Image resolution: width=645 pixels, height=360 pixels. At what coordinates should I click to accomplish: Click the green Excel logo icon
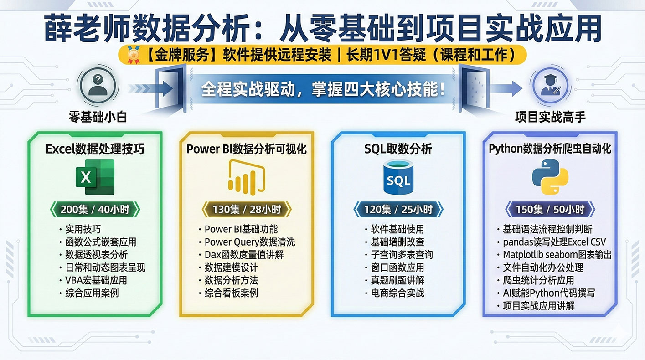95,177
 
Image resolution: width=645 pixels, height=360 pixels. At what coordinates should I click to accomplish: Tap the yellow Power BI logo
247,177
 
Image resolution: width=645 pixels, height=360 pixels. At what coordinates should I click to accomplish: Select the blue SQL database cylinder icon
398,177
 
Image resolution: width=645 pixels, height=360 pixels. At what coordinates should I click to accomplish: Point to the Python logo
550,177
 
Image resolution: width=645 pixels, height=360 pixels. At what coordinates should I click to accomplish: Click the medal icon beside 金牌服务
133,55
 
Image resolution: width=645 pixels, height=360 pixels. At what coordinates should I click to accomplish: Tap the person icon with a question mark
98,86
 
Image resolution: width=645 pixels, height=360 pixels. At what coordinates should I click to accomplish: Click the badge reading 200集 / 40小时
95,209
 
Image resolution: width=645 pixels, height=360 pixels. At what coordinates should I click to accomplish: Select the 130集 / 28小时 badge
247,209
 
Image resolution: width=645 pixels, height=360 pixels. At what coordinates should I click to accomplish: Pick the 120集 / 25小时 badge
398,209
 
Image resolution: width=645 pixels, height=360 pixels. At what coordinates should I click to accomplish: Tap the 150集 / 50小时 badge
550,209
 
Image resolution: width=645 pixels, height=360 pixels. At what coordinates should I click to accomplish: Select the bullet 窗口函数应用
394,267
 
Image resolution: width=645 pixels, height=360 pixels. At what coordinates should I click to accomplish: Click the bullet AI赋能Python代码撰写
546,293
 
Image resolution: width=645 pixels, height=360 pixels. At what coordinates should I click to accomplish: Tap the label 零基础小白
98,117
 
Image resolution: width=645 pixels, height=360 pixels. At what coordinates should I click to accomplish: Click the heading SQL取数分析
398,149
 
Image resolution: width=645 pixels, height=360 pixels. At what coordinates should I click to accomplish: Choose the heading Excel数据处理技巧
95,149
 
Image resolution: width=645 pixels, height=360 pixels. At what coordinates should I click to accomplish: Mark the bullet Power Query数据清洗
247,242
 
